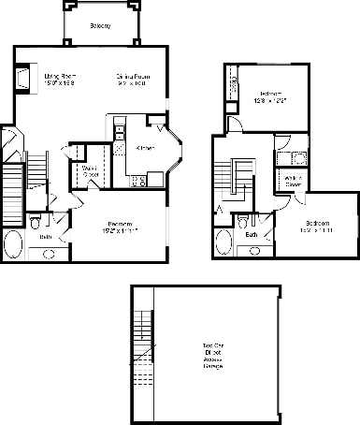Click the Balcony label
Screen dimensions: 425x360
click(x=100, y=25)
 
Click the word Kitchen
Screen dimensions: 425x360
click(x=145, y=147)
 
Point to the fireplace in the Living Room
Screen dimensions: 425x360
click(x=22, y=77)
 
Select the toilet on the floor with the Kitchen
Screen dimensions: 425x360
click(x=35, y=223)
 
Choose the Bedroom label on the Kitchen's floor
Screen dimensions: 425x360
click(x=119, y=226)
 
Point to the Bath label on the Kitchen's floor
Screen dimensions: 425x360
click(x=45, y=238)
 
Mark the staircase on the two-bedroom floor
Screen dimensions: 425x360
click(x=230, y=178)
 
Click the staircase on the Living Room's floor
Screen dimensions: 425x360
click(x=36, y=173)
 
